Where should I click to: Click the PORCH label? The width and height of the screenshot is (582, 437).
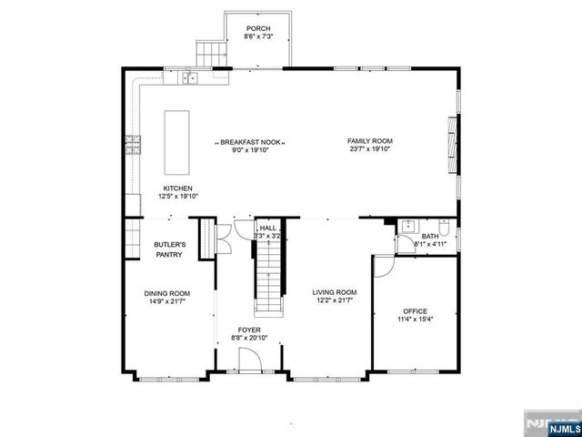[258, 29]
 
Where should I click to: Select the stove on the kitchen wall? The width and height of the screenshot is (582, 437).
[133, 144]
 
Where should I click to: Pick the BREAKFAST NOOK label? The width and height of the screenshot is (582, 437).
[250, 142]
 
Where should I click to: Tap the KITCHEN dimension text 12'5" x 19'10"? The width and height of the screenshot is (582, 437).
[178, 196]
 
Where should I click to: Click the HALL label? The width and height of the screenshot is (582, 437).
[267, 228]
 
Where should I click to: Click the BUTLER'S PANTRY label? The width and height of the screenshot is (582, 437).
[170, 250]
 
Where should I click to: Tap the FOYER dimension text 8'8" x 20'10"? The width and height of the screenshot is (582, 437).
[249, 338]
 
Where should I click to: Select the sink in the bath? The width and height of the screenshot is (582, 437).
[406, 227]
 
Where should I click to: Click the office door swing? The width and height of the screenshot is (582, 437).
[383, 266]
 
